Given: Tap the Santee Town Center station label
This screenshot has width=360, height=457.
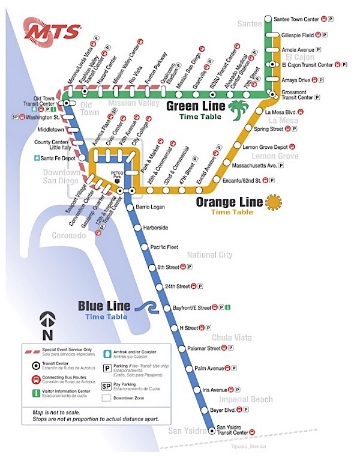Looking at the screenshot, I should pos(296,19).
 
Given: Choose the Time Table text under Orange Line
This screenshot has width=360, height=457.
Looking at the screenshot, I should pos(232,212).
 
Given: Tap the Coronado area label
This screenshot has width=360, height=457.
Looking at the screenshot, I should pos(68,236).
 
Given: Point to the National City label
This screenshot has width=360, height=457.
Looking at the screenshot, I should pos(209,255).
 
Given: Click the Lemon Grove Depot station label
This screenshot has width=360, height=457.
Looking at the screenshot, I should pos(269,147).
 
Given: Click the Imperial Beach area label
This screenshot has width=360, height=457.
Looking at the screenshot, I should pos(246,399).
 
